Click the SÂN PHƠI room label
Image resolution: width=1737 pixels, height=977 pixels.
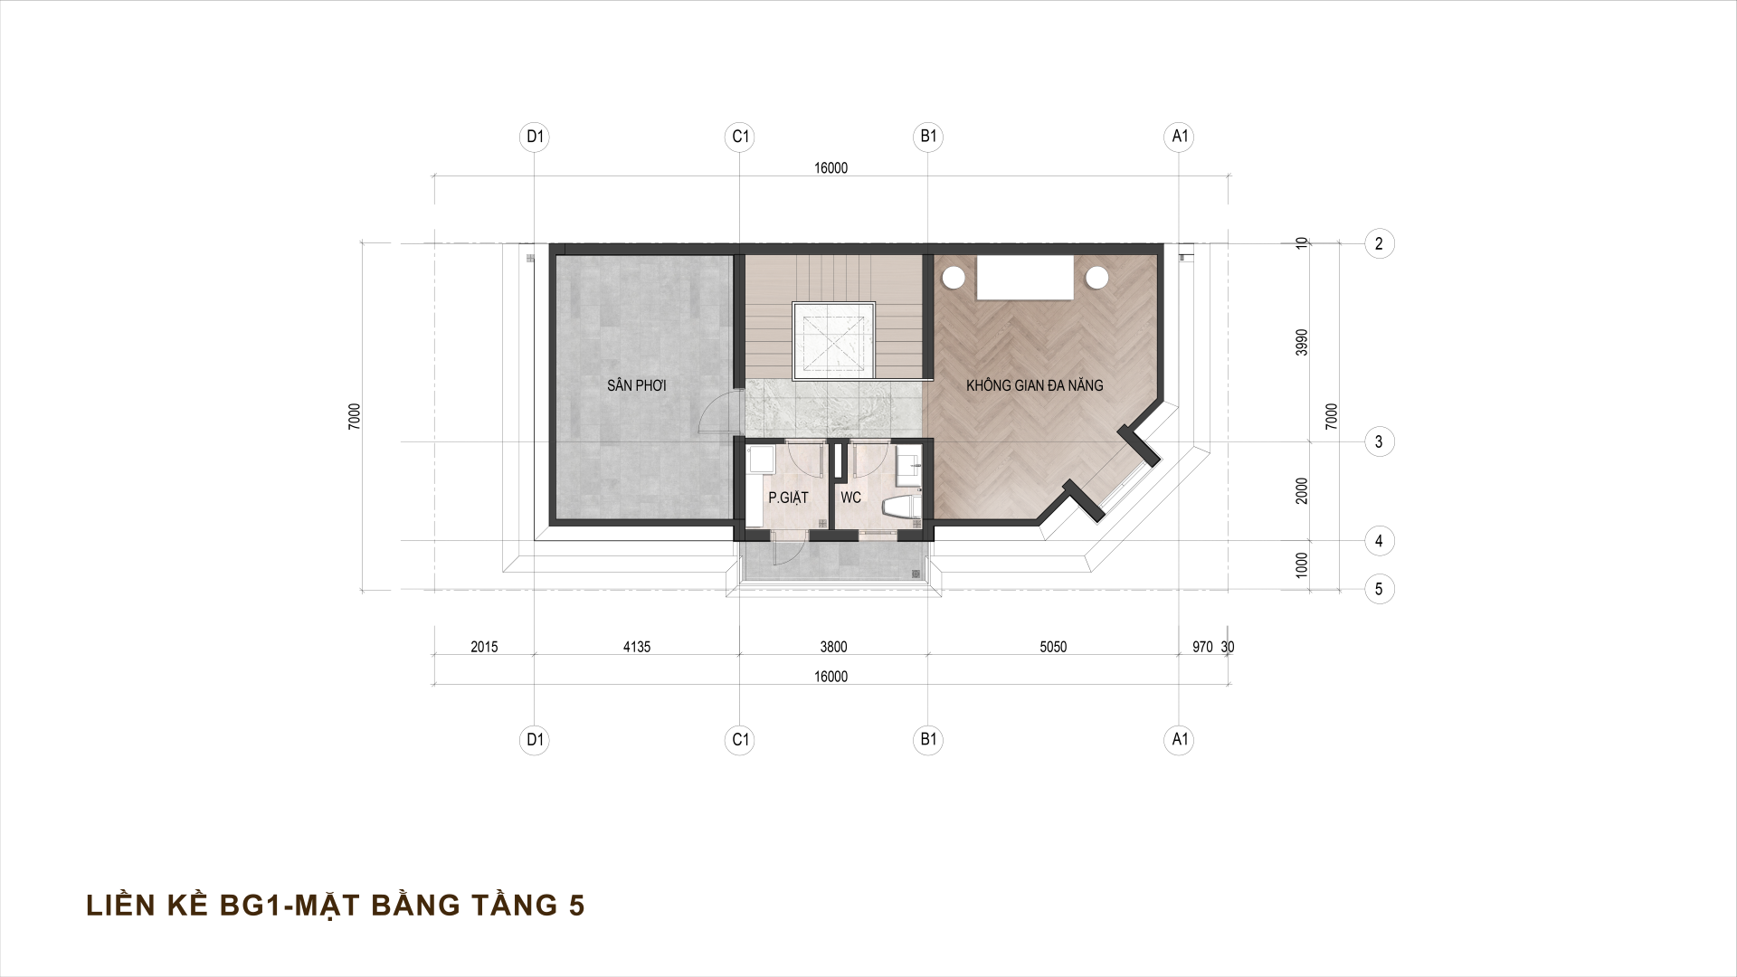pyautogui.click(x=637, y=385)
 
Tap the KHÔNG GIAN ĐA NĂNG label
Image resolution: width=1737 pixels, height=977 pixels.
pyautogui.click(x=1034, y=385)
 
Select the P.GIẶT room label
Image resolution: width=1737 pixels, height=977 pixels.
pyautogui.click(x=787, y=498)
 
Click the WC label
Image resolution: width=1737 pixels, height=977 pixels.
pyautogui.click(x=850, y=498)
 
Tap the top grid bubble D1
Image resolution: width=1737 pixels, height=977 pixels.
pyautogui.click(x=536, y=137)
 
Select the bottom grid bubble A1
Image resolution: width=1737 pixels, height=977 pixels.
pyautogui.click(x=1179, y=740)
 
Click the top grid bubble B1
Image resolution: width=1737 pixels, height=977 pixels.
pyautogui.click(x=928, y=137)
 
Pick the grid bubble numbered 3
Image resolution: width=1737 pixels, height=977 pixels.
pyautogui.click(x=1379, y=442)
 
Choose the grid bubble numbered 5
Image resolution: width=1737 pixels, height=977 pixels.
pyautogui.click(x=1379, y=589)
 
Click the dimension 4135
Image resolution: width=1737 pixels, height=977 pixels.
pyautogui.click(x=637, y=647)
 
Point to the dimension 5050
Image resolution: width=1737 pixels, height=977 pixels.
pyautogui.click(x=1053, y=647)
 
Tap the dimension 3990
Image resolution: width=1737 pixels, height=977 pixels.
pyautogui.click(x=1302, y=342)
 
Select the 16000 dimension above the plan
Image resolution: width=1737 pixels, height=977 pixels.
pyautogui.click(x=831, y=168)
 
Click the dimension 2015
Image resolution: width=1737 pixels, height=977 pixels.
pyautogui.click(x=484, y=647)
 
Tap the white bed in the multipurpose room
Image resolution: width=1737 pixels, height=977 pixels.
pyautogui.click(x=1025, y=277)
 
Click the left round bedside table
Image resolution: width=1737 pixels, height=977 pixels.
pyautogui.click(x=953, y=277)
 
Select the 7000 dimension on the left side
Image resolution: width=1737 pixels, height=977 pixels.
pyautogui.click(x=355, y=416)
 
